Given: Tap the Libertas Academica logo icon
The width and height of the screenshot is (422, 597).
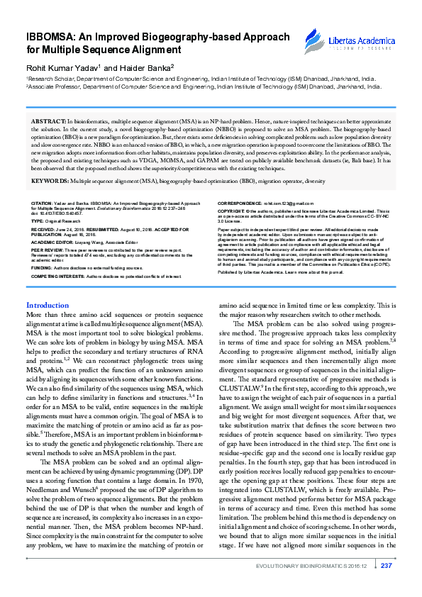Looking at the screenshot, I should [311, 40].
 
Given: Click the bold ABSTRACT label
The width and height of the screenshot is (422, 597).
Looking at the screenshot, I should [47, 122].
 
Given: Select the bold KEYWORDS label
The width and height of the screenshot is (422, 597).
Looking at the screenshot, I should [50, 181].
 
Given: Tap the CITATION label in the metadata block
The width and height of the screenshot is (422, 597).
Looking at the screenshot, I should [42, 203].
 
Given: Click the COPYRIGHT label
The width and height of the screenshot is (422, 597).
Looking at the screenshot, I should [233, 211].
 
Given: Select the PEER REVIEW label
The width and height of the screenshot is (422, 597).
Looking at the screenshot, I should [47, 250].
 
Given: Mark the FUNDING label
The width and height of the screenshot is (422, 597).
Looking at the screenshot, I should [41, 268].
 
